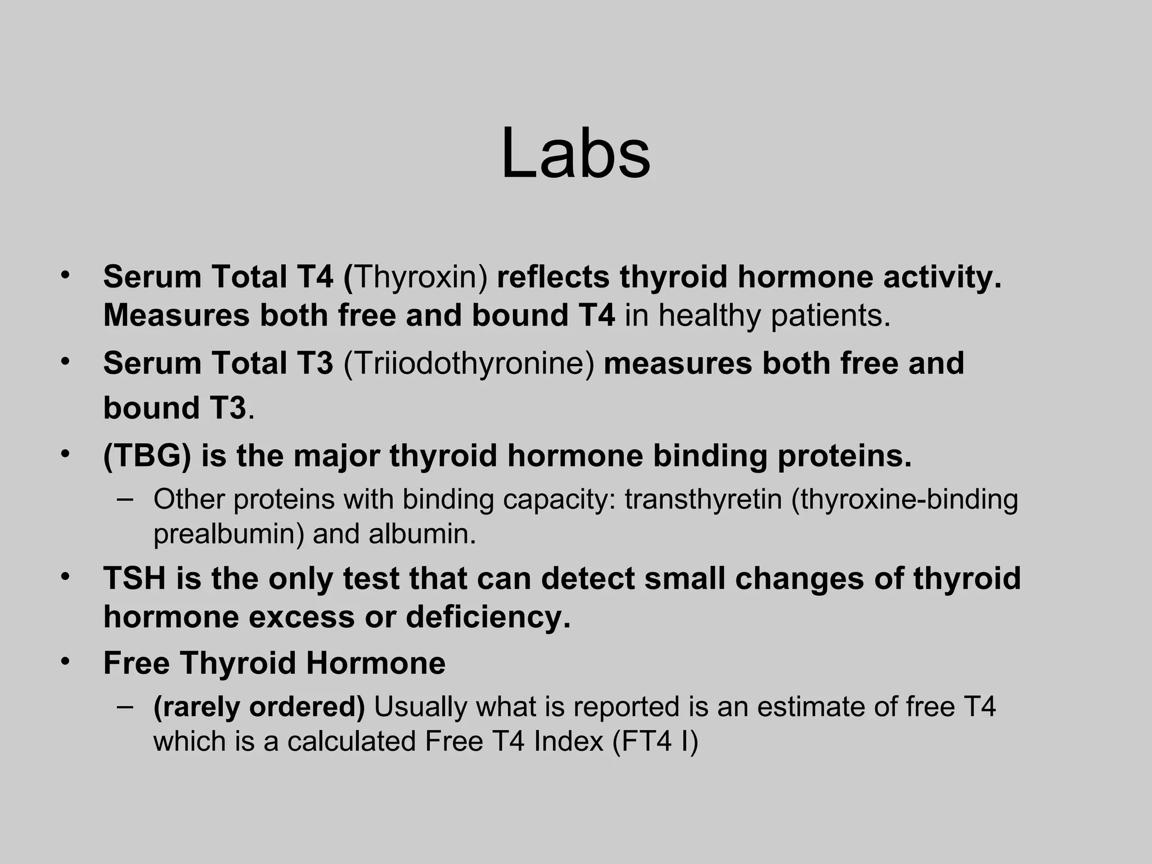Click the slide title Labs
click(x=575, y=154)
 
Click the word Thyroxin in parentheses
click(x=421, y=277)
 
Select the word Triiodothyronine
click(x=469, y=363)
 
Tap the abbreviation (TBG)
click(x=147, y=456)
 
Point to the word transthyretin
click(x=703, y=499)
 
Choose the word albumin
click(x=422, y=534)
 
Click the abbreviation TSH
click(x=135, y=578)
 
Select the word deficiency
click(x=488, y=617)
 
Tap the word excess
click(x=302, y=617)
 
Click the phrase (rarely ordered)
click(x=259, y=707)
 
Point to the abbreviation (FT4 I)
click(x=655, y=741)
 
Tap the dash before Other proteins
click(x=125, y=498)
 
